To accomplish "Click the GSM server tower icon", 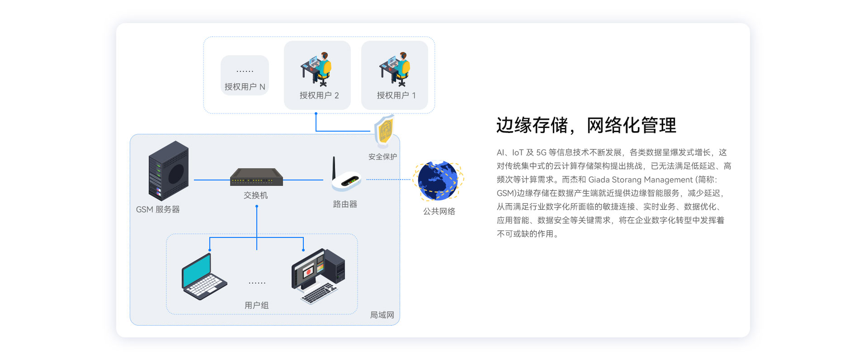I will pos(168,171).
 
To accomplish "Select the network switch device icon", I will pos(256,177).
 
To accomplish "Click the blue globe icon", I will pos(438,180).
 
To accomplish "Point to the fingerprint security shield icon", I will pos(385,131).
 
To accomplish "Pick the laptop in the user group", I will pos(203,277).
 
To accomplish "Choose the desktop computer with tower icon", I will pos(318,275).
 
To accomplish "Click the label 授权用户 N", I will pos(245,87).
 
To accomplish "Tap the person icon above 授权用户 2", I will pos(317,69).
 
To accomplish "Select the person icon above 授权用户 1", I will pos(395,69).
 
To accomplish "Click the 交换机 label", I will pos(256,195).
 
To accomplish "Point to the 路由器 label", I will pos(345,204).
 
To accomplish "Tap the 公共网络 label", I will pos(439,211).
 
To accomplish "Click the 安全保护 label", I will pos(382,157).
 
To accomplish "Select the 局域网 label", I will pos(382,315).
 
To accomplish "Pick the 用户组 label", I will pos(256,305).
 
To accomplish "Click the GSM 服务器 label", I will pos(158,209).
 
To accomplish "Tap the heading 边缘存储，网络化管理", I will pos(586,125).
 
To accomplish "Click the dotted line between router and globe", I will pos(389,180).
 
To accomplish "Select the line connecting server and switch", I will pos(212,180).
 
